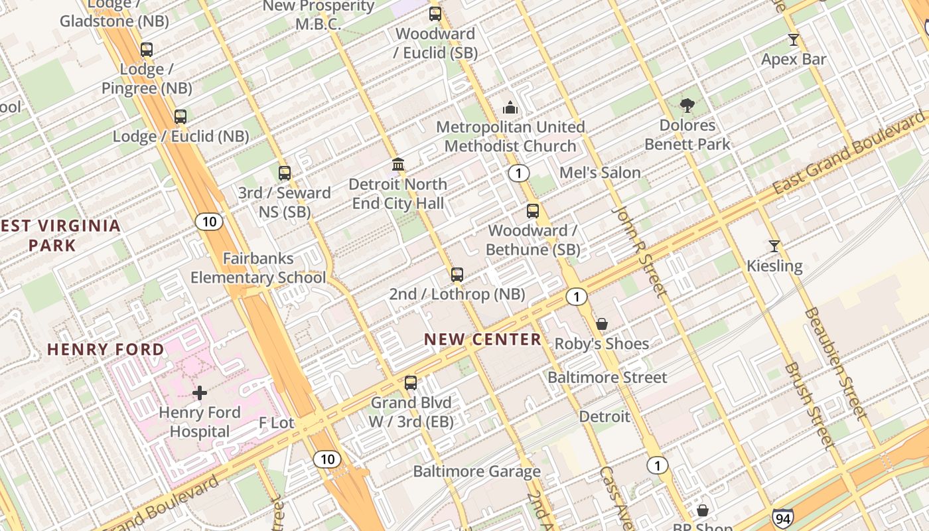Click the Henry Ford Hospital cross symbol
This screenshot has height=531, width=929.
click(x=200, y=393)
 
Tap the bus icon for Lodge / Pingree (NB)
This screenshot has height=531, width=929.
click(x=147, y=50)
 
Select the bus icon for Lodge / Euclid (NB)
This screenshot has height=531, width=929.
click(x=180, y=117)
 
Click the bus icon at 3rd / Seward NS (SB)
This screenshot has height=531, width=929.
click(x=285, y=173)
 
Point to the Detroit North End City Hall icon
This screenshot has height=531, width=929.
click(x=398, y=164)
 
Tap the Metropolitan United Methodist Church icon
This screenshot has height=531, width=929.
click(x=510, y=107)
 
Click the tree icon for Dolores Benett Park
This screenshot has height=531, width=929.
click(x=687, y=105)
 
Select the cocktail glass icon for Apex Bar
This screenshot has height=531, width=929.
click(x=793, y=39)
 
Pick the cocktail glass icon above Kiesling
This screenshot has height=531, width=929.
click(x=774, y=246)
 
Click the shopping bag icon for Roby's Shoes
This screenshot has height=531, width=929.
click(x=601, y=324)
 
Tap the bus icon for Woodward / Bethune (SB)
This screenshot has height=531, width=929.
click(x=533, y=211)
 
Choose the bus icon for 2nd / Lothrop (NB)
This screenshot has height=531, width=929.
click(x=457, y=274)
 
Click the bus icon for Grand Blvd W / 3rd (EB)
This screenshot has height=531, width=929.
click(x=411, y=383)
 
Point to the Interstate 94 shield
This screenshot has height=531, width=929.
click(x=781, y=518)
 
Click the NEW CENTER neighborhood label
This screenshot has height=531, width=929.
click(x=483, y=339)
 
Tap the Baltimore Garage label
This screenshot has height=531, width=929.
click(x=476, y=472)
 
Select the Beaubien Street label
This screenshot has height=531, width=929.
click(x=836, y=364)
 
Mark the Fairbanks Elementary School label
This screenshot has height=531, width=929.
click(x=258, y=268)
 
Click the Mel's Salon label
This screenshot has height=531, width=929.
click(x=600, y=173)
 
